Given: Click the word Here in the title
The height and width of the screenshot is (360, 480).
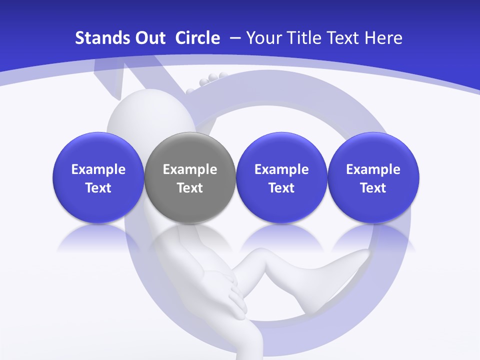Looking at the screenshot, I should tap(383, 38).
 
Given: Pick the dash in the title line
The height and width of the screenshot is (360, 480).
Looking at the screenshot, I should tap(234, 38).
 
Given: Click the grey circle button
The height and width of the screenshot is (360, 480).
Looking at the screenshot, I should tap(190, 178).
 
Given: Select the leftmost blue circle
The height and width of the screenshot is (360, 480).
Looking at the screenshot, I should tap(98, 178).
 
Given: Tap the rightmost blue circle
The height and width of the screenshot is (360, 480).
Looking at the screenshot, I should tap(373, 178).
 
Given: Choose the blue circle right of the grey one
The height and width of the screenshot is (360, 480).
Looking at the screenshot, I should tap(281, 178).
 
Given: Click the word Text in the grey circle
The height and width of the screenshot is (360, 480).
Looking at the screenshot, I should tap(190, 188).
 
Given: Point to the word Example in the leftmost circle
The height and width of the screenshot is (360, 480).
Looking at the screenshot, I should tap(98, 169).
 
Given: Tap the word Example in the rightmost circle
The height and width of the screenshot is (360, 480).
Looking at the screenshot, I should tap(373, 169).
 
